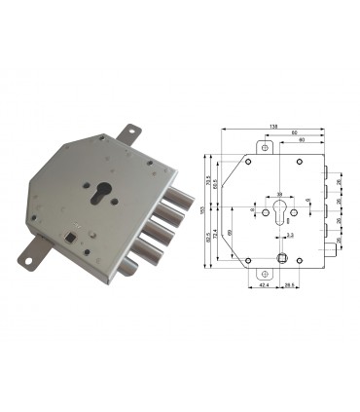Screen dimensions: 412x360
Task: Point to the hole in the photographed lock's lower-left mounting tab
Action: [x=32, y=260]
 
